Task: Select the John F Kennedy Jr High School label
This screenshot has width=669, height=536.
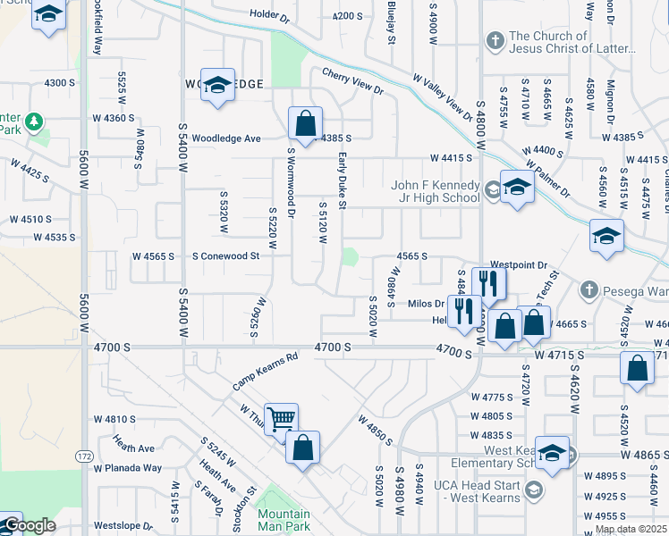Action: coord(436,192)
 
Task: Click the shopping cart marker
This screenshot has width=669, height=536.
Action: coord(281,419)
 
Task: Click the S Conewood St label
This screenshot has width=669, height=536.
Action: coord(226,256)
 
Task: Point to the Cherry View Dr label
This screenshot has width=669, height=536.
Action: coord(351,81)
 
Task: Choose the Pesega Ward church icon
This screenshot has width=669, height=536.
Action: coord(589,289)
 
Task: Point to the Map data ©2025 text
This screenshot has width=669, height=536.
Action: coord(631,529)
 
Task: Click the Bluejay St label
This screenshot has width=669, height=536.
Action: coord(391,22)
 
